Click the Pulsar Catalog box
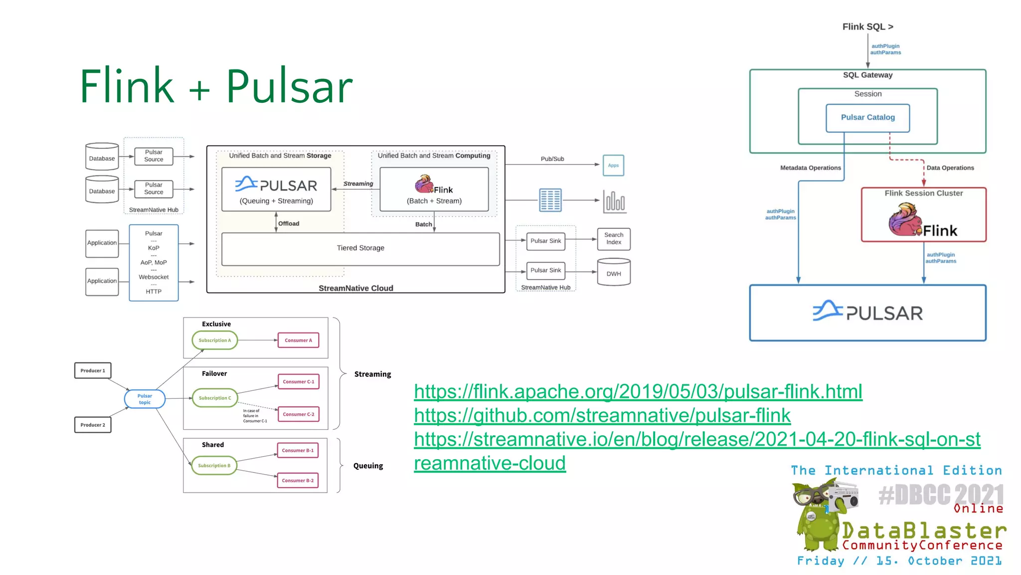click(x=867, y=118)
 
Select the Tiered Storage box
click(x=360, y=249)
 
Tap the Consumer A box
click(x=298, y=340)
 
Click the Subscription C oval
click(x=215, y=398)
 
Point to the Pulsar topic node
click(x=145, y=399)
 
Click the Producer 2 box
click(x=93, y=425)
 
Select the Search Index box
click(x=614, y=239)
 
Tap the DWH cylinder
click(x=614, y=273)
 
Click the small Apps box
click(x=613, y=165)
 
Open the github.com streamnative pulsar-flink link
click(x=602, y=415)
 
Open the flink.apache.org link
click(x=638, y=391)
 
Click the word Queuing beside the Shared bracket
click(x=368, y=466)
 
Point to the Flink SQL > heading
click(x=867, y=27)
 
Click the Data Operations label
click(x=950, y=168)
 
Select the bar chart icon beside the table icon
click(x=614, y=201)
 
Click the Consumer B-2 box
click(x=298, y=481)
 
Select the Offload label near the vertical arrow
click(x=289, y=224)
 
